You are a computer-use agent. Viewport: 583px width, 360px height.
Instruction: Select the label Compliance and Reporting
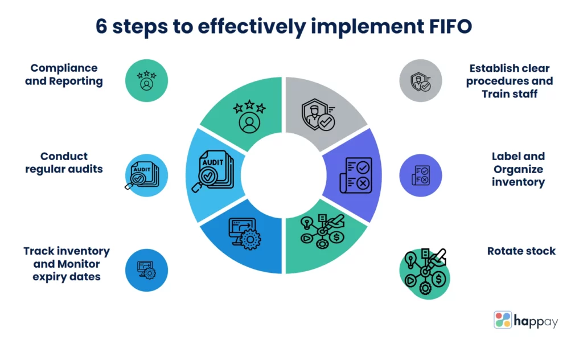(x=64, y=75)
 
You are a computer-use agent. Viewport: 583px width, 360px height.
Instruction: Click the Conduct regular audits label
(x=64, y=162)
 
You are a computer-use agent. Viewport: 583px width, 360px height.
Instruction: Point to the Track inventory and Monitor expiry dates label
(x=66, y=264)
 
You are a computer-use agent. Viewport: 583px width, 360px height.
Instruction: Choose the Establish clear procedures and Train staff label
(x=509, y=81)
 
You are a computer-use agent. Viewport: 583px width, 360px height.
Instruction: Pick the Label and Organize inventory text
(x=518, y=169)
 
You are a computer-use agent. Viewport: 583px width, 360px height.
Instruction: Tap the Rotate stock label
(x=521, y=251)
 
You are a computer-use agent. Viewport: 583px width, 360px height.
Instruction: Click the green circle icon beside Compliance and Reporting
(x=146, y=80)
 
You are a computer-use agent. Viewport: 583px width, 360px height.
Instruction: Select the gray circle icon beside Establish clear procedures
(x=421, y=80)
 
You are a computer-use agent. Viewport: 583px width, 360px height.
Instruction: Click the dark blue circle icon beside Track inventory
(x=146, y=269)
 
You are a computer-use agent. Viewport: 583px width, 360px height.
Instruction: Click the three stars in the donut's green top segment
(x=249, y=107)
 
